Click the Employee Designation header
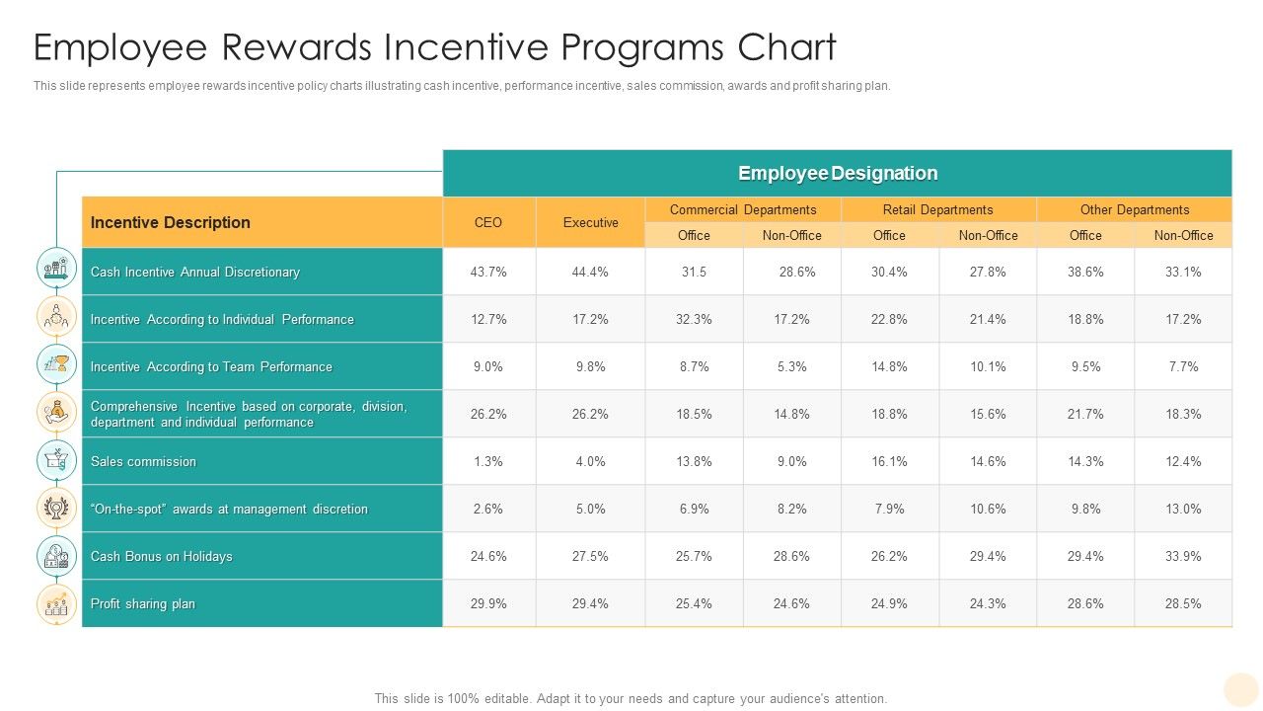[837, 174]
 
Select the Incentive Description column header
[170, 222]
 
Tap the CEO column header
[488, 222]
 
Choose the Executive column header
[590, 222]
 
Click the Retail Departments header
[937, 209]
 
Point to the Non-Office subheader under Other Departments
[1183, 235]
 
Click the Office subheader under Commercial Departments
[694, 235]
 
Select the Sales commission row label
[143, 461]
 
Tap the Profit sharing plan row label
[143, 603]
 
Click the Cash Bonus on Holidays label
[161, 556]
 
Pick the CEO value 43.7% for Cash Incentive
[488, 272]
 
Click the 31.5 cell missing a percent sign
[694, 272]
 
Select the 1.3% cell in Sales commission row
[488, 461]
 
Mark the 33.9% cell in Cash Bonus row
[1183, 556]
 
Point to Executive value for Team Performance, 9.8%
[590, 366]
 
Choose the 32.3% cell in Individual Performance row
[694, 319]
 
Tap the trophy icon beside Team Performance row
[56, 364]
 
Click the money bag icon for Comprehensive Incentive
[56, 412]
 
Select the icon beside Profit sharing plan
[56, 604]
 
